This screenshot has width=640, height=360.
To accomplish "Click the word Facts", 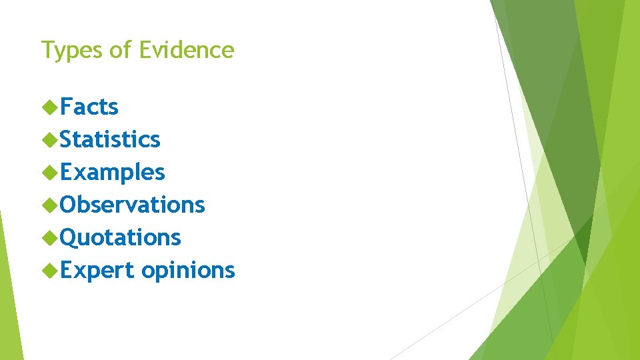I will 89,107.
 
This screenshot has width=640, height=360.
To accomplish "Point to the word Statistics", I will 110,139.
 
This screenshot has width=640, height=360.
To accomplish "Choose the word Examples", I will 113,172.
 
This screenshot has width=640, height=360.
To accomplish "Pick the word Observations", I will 133,205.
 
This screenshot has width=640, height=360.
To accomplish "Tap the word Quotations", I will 121,237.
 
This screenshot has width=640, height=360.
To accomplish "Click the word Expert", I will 97,270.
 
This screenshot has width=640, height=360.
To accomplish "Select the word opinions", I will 188,270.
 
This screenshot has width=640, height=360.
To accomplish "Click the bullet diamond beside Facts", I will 49,107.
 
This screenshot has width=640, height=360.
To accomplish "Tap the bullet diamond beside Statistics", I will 49,139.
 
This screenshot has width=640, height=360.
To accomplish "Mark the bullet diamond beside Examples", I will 49,172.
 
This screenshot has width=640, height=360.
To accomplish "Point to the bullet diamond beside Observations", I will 49,205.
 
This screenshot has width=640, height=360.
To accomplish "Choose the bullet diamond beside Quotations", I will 49,237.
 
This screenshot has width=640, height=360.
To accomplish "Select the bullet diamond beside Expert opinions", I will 49,270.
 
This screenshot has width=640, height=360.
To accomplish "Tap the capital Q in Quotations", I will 69,237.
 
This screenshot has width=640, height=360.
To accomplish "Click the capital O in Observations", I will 69,205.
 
